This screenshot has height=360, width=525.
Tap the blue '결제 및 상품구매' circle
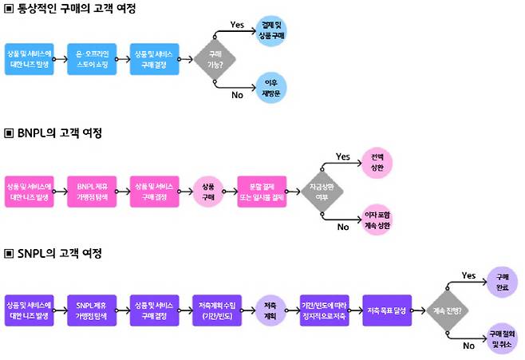pos(272,30)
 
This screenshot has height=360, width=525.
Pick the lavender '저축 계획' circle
pos(270,309)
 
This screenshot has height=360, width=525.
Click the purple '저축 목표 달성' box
pos(387,309)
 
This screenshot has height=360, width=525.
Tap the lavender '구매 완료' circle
pos(503,281)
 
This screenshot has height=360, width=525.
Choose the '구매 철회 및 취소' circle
pos(503,336)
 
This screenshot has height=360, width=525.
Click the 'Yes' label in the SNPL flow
pos(469,275)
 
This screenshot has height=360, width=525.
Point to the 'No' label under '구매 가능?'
pos(237,95)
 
